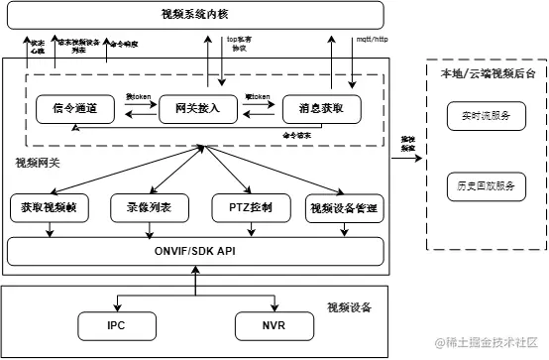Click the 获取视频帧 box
48,209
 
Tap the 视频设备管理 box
345,209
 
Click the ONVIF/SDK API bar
195,252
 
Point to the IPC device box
117,324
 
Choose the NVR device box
274,324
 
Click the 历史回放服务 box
486,184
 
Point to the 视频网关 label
38,161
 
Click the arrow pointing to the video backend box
406,153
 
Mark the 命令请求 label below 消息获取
297,134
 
